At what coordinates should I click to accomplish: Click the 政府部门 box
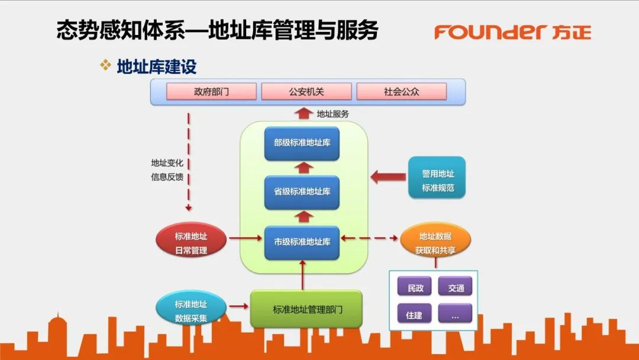coord(211,92)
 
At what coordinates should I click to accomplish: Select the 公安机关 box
coord(306,92)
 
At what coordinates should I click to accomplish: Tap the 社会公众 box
coord(402,92)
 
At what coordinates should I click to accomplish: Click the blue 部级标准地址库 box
coord(302,143)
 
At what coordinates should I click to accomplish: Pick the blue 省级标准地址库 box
coord(302,192)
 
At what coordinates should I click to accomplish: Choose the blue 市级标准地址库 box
coord(302,242)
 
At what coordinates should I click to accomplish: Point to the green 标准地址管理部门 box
coord(306,309)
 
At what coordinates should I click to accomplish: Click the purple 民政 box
coord(415,288)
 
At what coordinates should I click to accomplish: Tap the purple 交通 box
coord(456,288)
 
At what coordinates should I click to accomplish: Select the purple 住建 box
coord(415,315)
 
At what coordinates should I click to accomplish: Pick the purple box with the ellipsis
coord(456,315)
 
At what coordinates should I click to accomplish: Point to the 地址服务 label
coord(333,114)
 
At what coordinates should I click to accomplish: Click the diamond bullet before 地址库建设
coord(105,65)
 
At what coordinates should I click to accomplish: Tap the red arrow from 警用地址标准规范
coord(388,176)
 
